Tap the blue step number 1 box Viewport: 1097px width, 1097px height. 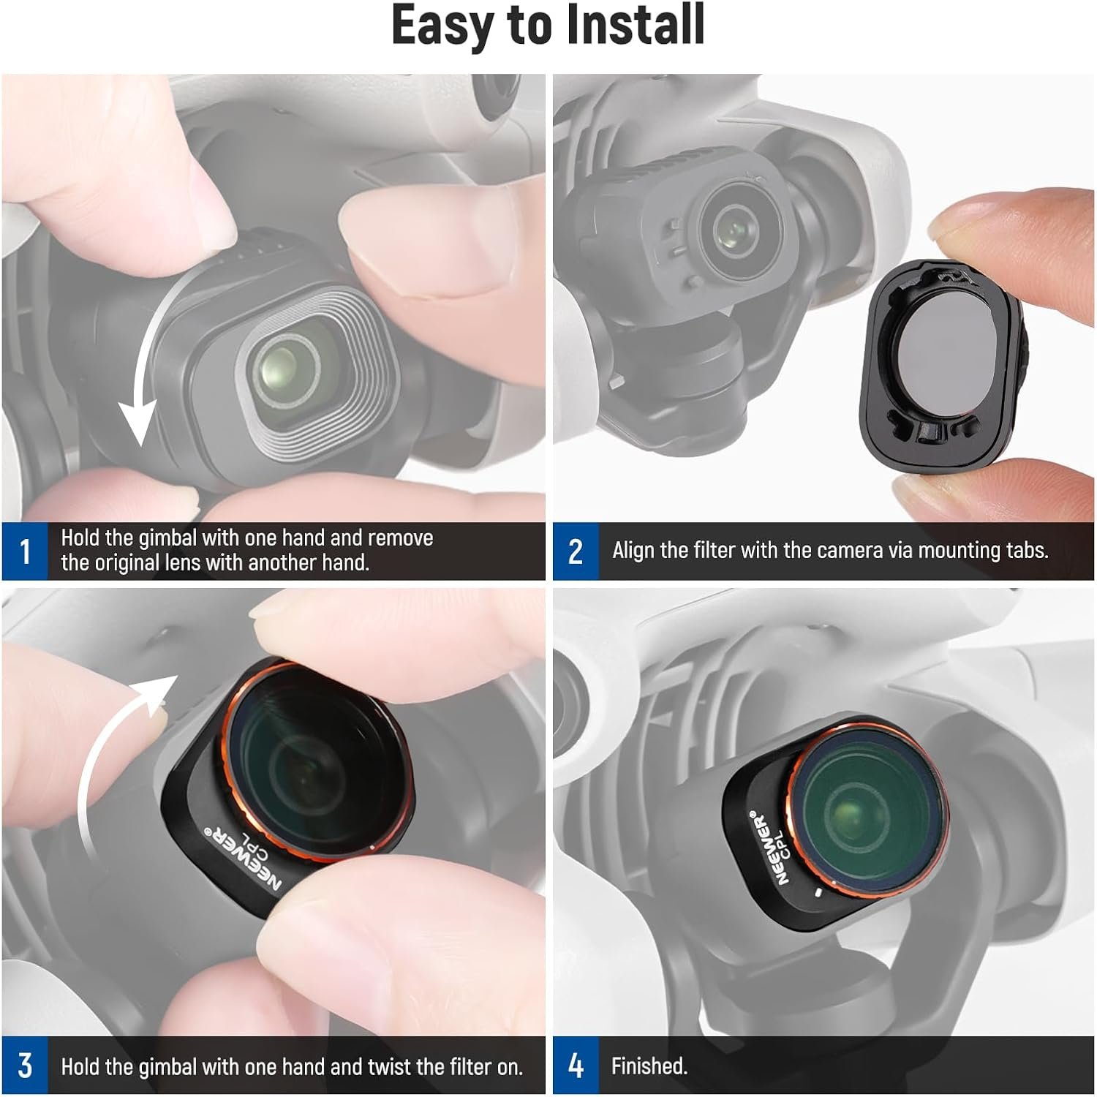coord(25,551)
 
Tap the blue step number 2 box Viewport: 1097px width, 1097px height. coord(576,551)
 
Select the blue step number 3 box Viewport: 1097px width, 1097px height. coord(25,1066)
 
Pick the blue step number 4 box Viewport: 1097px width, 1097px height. coord(576,1066)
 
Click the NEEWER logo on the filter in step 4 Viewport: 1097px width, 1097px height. coord(768,848)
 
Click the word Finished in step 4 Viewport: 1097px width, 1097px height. coord(649,1066)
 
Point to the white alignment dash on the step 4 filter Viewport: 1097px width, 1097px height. coord(818,894)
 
